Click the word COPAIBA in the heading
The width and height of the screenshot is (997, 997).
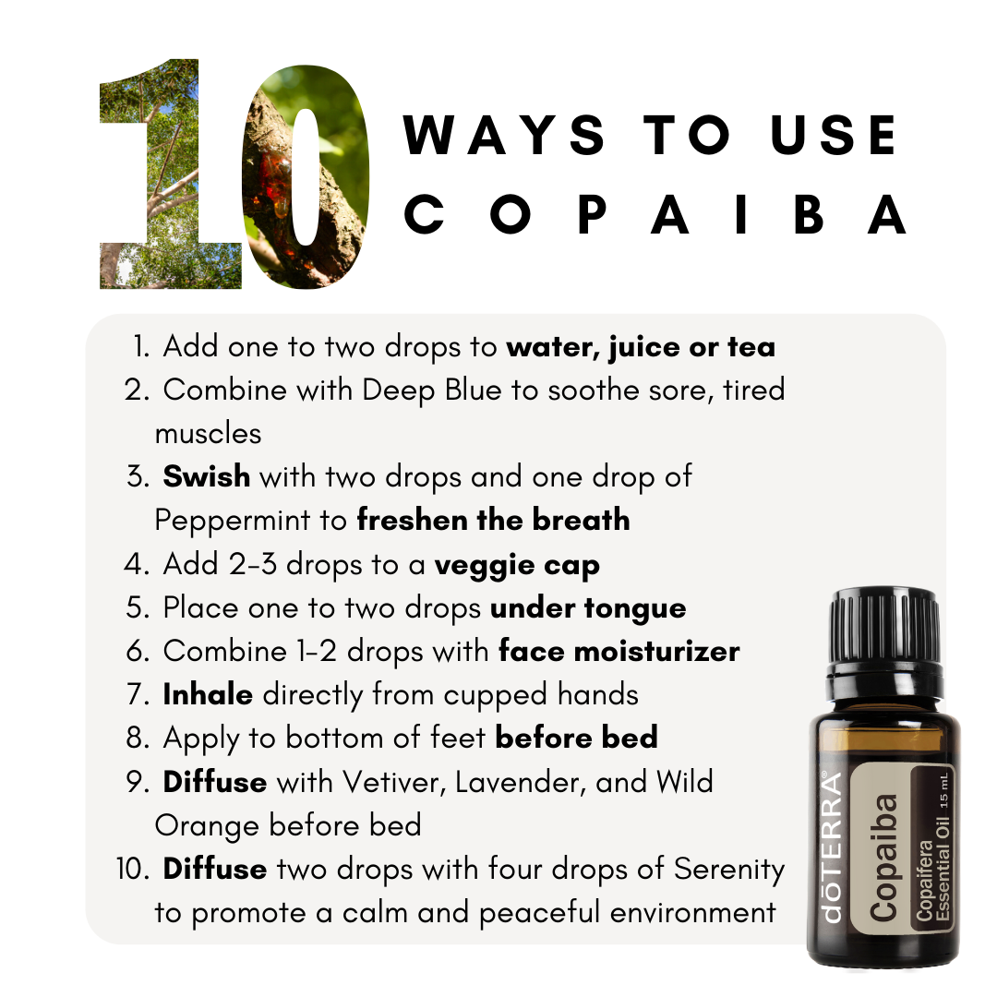655,214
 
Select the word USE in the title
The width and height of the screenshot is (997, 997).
834,135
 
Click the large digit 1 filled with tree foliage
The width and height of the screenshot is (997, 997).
171,174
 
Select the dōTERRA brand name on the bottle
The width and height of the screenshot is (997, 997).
833,847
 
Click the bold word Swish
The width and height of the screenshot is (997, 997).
207,476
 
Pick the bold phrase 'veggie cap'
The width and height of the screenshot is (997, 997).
517,565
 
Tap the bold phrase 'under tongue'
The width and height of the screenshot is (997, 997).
588,608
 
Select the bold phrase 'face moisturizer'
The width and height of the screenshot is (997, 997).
619,651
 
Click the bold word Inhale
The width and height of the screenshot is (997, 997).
208,694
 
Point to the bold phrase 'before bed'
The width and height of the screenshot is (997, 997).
577,738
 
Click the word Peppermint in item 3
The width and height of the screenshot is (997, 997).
233,521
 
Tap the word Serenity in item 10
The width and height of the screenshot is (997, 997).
729,870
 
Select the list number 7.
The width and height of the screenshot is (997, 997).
137,695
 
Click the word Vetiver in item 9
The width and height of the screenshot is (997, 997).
393,782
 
